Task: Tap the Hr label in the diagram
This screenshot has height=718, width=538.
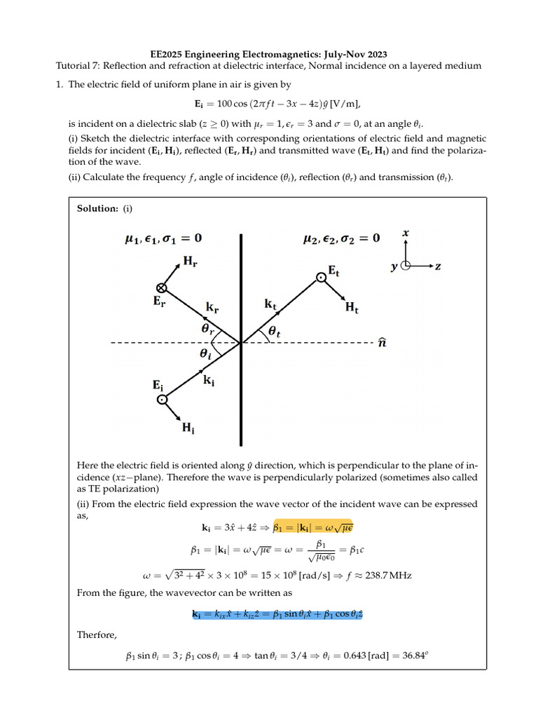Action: point(190,261)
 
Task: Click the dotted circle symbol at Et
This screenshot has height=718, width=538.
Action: point(320,278)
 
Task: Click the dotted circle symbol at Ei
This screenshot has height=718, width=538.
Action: point(163,400)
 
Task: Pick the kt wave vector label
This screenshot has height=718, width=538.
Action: point(273,305)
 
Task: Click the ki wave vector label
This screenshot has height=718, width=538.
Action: point(210,379)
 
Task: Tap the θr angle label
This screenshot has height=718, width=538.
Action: point(208,328)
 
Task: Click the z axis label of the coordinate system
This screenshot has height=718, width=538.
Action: point(439,266)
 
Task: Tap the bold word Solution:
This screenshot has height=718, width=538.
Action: point(98,209)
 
